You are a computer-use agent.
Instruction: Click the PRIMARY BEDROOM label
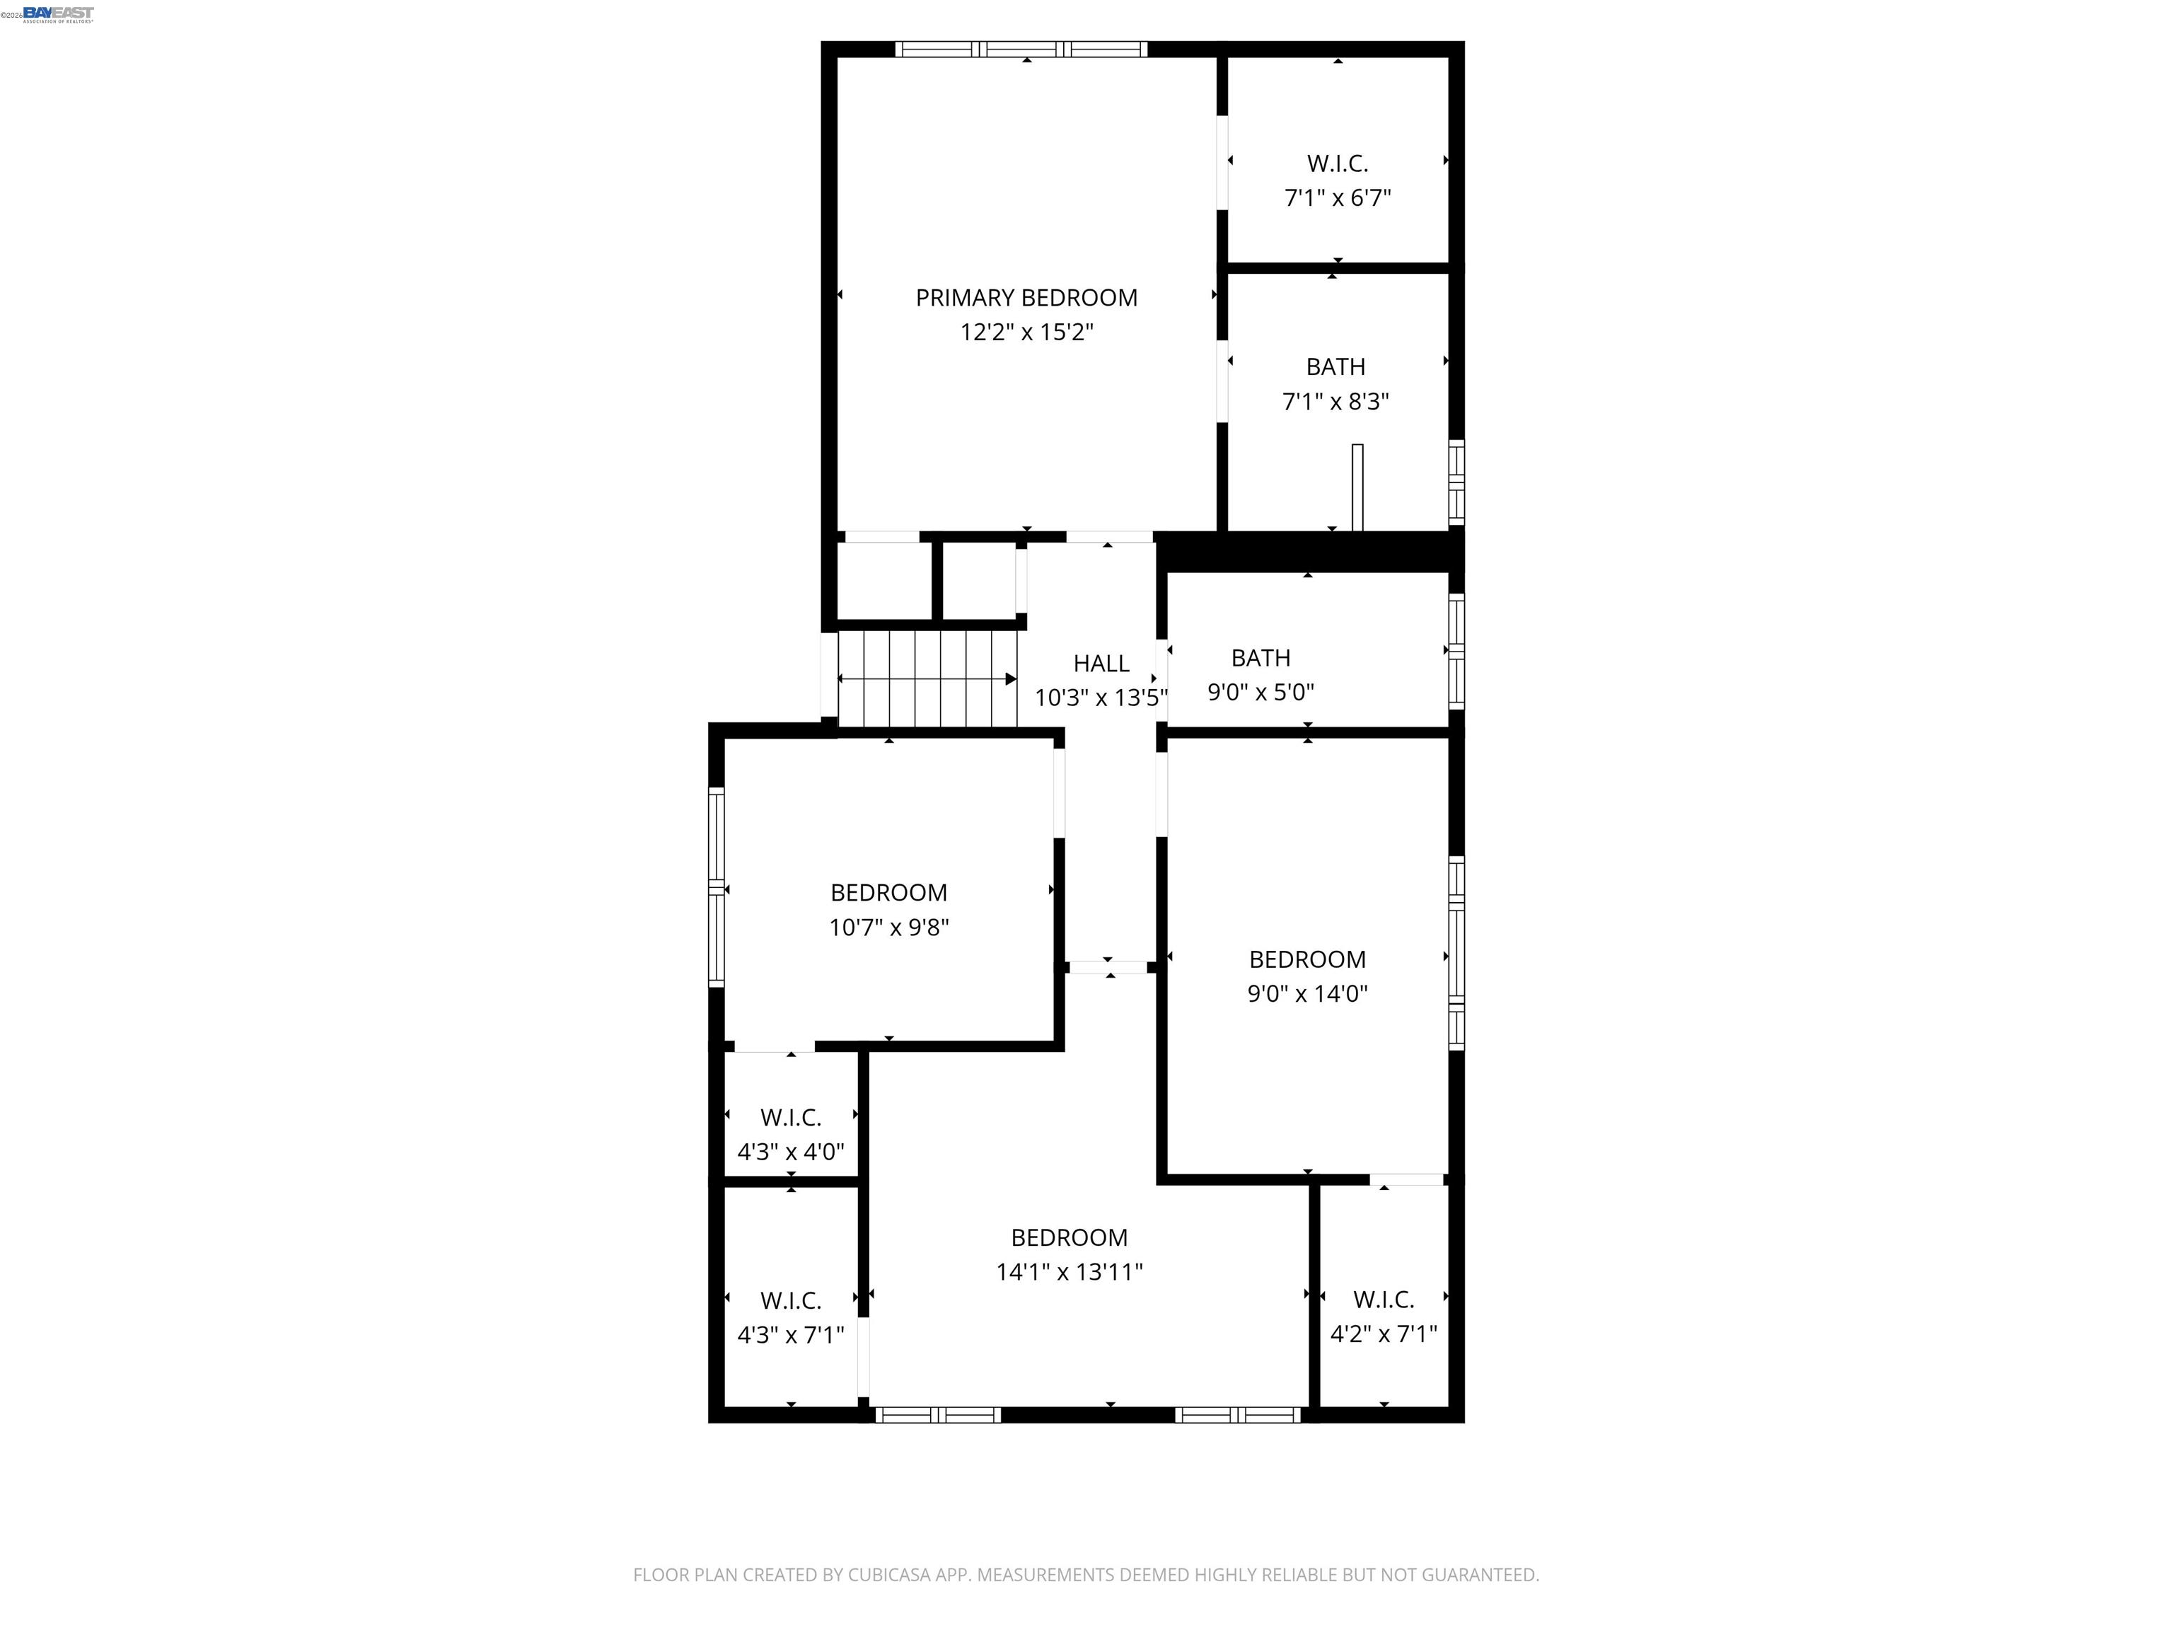click(x=1026, y=298)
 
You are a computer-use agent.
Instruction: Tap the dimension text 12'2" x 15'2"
click(x=1026, y=332)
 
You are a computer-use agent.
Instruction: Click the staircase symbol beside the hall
click(x=927, y=678)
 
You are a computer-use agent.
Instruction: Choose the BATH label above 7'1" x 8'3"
click(x=1335, y=367)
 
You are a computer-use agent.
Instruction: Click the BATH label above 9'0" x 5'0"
click(x=1261, y=658)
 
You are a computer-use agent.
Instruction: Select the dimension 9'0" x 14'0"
click(x=1306, y=993)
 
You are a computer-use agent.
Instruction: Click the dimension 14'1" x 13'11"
click(x=1069, y=1272)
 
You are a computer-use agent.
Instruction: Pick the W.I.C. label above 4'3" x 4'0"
click(x=790, y=1118)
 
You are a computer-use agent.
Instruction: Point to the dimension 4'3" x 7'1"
click(x=790, y=1335)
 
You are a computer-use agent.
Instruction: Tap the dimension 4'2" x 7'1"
click(x=1383, y=1334)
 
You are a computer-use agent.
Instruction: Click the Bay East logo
click(x=58, y=13)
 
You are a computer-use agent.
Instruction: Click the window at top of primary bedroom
click(x=1021, y=49)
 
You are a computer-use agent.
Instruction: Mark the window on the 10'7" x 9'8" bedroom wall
click(x=716, y=887)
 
